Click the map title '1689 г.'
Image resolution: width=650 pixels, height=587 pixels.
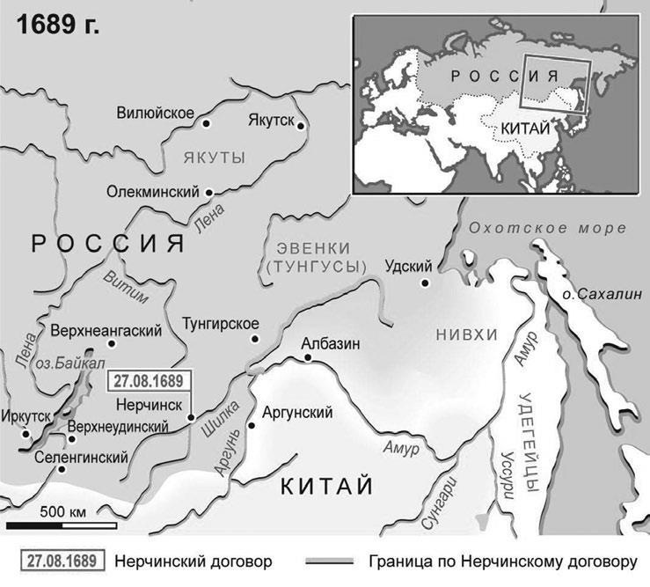(56, 24)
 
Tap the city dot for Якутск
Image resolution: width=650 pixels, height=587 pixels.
(301, 126)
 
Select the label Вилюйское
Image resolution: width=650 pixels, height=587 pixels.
(155, 113)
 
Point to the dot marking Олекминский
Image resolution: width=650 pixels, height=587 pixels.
(208, 192)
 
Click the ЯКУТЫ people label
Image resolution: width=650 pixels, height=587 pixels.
(214, 158)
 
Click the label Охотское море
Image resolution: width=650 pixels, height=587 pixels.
(547, 228)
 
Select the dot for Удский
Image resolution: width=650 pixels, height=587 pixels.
(424, 282)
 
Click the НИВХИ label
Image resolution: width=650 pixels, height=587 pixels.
(466, 334)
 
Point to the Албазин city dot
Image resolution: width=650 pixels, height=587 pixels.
(307, 359)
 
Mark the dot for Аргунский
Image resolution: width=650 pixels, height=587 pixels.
(251, 425)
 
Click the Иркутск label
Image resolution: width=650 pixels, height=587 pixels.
(27, 415)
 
